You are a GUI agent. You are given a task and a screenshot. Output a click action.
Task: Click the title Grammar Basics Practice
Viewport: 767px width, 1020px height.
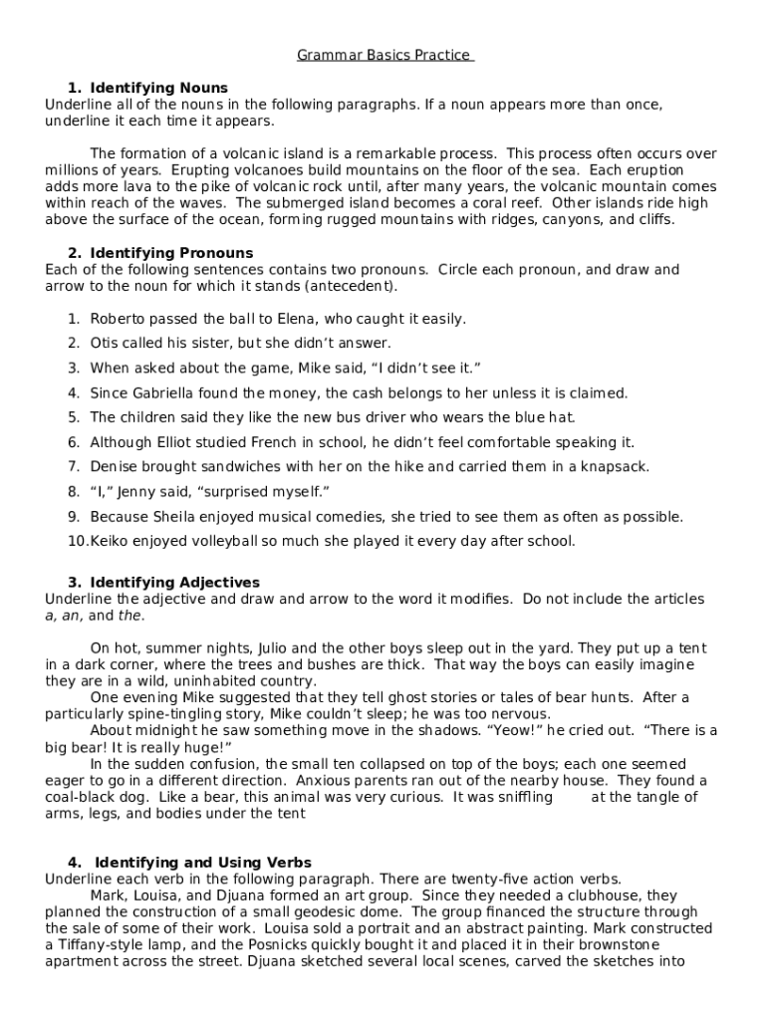(x=383, y=55)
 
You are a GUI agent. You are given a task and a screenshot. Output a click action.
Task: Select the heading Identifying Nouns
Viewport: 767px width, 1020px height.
(x=158, y=88)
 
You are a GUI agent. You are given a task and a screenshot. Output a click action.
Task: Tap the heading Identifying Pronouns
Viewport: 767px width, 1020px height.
(x=171, y=253)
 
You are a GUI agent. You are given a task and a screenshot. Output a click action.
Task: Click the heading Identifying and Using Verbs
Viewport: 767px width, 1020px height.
(x=203, y=863)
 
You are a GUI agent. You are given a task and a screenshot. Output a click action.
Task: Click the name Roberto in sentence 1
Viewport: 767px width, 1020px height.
(x=118, y=319)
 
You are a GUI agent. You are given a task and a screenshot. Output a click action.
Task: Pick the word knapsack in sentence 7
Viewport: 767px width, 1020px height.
(x=616, y=467)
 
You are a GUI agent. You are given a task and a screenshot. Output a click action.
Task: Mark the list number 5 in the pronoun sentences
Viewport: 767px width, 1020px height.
(x=73, y=417)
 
